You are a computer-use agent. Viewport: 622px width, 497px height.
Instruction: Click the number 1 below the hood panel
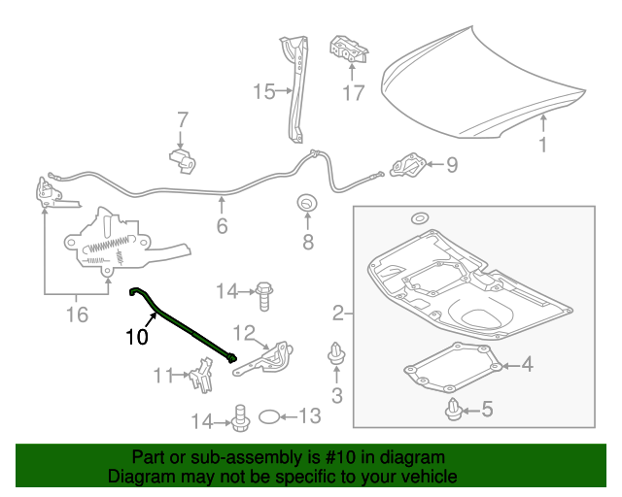pyautogui.click(x=543, y=146)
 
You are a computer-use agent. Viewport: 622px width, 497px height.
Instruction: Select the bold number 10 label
pyautogui.click(x=136, y=338)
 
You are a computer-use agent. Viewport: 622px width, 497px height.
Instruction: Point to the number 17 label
pyautogui.click(x=353, y=93)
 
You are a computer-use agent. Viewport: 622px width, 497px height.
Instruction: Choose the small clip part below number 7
pyautogui.click(x=180, y=158)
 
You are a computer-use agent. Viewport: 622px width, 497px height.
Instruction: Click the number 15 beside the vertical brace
pyautogui.click(x=263, y=92)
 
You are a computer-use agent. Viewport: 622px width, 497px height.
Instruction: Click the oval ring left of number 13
pyautogui.click(x=268, y=417)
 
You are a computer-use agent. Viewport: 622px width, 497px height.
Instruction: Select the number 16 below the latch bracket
pyautogui.click(x=76, y=314)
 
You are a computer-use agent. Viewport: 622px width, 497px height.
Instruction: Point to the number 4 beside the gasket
pyautogui.click(x=526, y=365)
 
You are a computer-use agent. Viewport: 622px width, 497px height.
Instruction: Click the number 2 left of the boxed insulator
pyautogui.click(x=338, y=314)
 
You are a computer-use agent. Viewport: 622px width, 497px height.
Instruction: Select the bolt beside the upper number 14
pyautogui.click(x=264, y=289)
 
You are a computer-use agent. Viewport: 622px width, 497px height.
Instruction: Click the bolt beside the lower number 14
pyautogui.click(x=236, y=417)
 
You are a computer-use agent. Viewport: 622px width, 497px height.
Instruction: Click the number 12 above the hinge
pyautogui.click(x=242, y=335)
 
